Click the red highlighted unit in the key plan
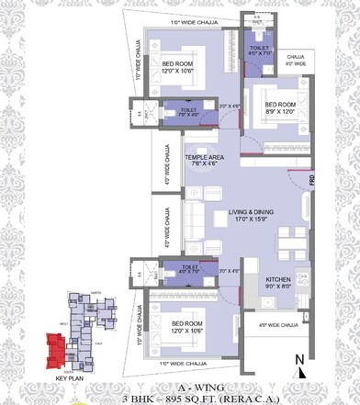(59, 347)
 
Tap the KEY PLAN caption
(71, 377)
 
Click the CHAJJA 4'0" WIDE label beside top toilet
(296, 60)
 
